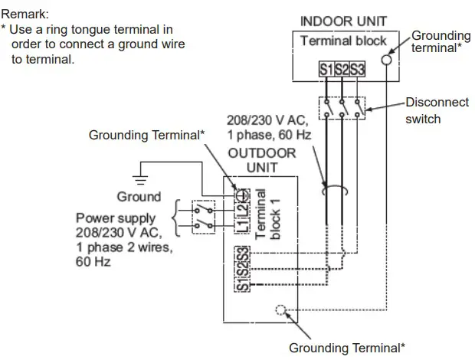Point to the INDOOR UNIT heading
tap(343, 21)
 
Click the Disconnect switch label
tap(434, 110)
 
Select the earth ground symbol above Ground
tap(139, 175)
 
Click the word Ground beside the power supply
tap(139, 197)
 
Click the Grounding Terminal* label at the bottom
tap(346, 348)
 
